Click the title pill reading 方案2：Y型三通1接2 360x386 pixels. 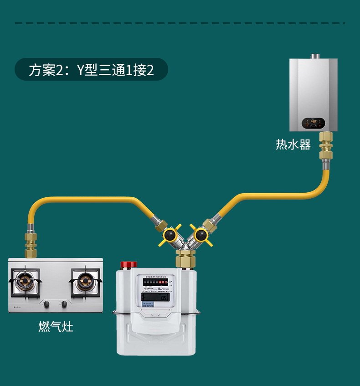[x=91, y=70]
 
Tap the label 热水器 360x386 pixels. [x=293, y=145]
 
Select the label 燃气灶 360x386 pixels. [x=56, y=327]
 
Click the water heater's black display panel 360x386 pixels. [x=314, y=122]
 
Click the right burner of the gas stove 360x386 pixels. [x=84, y=281]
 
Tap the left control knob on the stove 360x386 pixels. [x=46, y=304]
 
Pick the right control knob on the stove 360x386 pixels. [x=64, y=304]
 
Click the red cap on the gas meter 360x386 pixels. [x=128, y=265]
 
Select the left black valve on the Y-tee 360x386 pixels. [x=171, y=235]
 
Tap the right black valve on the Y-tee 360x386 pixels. [x=199, y=235]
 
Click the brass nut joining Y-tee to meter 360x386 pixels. [x=186, y=259]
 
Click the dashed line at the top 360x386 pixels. [x=180, y=23]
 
